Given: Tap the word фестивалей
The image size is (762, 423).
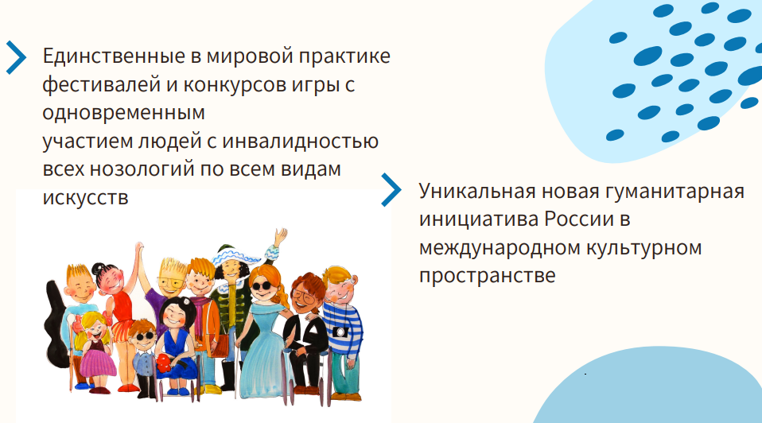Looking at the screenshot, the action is click(101, 85).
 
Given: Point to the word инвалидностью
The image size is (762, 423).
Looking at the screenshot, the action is click(301, 142).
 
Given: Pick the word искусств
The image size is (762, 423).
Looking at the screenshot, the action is click(86, 198).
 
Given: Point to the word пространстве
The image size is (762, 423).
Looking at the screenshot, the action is click(488, 276).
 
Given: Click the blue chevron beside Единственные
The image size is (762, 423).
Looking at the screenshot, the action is click(16, 58).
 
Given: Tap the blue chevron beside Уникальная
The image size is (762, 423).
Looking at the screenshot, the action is click(391, 190).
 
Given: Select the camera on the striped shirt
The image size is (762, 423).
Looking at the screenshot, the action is click(341, 332).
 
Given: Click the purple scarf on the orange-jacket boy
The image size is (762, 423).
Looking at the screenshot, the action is click(202, 309).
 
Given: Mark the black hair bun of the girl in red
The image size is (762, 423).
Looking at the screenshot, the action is click(99, 268).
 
